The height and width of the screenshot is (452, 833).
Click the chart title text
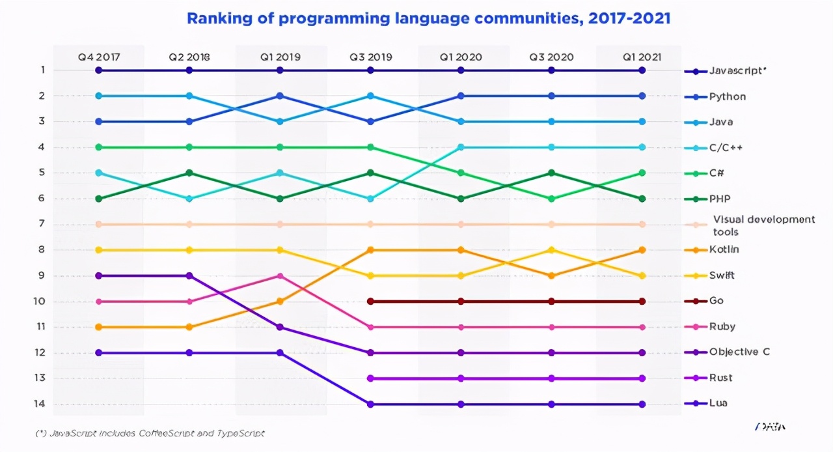[x=428, y=18]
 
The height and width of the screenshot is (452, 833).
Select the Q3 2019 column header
[x=370, y=57]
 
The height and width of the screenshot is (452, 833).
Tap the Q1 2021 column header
[x=642, y=57]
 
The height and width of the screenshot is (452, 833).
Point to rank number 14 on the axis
[x=40, y=404]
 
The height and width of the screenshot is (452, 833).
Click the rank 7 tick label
[x=40, y=224]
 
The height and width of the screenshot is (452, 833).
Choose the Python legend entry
[x=728, y=96]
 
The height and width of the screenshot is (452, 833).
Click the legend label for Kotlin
[x=724, y=249]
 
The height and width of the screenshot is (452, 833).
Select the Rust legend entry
[x=720, y=378]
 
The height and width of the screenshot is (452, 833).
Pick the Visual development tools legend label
[x=763, y=225]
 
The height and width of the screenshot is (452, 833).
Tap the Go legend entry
[x=716, y=301]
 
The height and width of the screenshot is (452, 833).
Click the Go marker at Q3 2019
[x=370, y=302]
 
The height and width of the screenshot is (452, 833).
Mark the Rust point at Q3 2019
[x=370, y=378]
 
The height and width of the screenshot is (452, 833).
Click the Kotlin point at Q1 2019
[x=280, y=302]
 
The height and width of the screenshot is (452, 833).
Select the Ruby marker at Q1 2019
[x=280, y=275]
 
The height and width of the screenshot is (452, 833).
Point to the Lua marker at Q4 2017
[x=99, y=353]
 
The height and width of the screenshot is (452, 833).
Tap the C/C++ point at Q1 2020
[x=461, y=147]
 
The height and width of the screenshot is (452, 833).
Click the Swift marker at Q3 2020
[x=551, y=250]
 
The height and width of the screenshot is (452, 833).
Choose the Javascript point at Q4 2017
[x=99, y=70]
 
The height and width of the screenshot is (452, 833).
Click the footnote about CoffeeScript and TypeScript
[x=150, y=433]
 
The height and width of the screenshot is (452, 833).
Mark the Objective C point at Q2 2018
[x=189, y=275]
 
